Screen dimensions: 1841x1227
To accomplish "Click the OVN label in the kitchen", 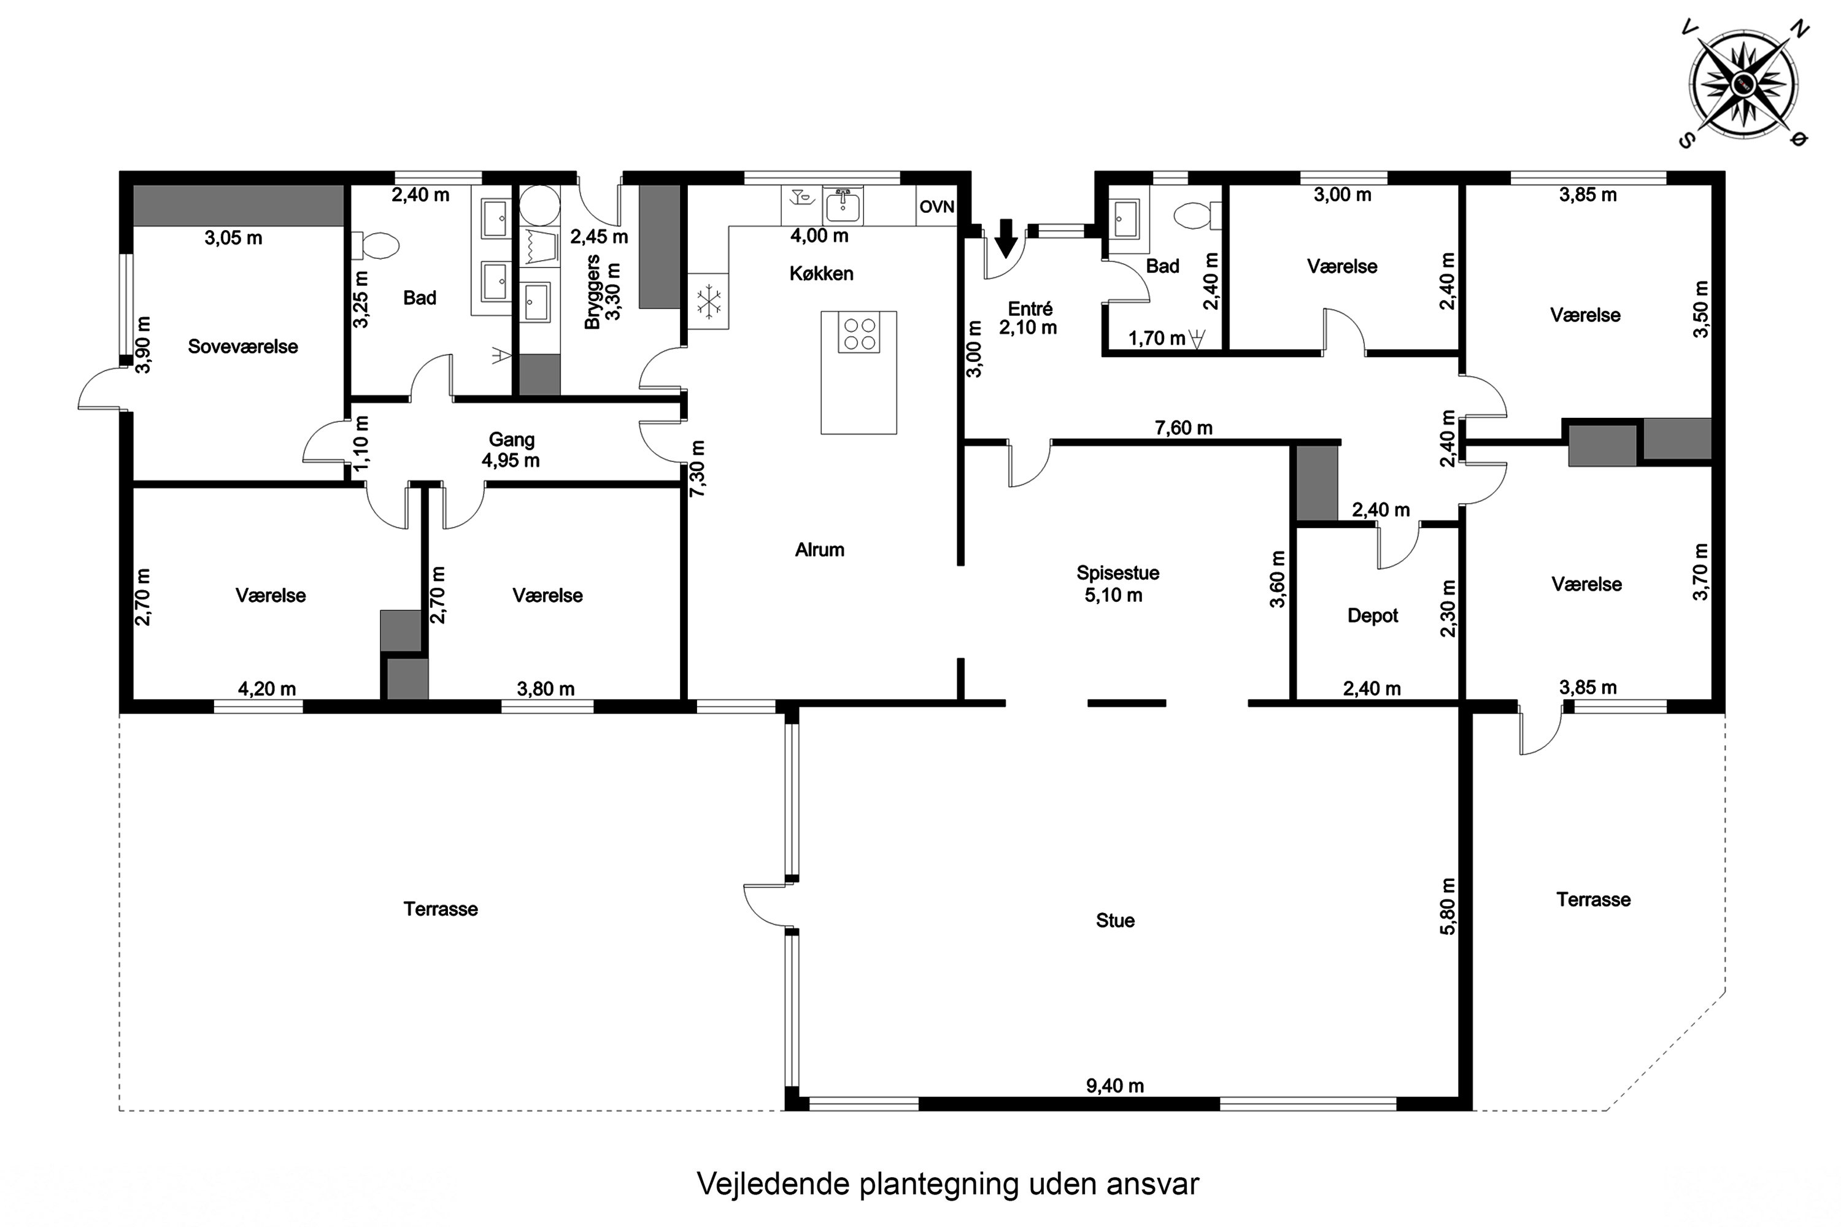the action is tap(937, 207).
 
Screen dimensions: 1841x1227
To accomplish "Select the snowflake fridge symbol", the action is tap(708, 301).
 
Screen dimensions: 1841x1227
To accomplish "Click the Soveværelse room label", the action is tap(242, 347).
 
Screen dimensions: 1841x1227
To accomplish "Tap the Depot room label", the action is tap(1373, 616).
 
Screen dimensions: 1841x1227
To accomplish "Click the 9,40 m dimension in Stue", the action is tap(1114, 1086).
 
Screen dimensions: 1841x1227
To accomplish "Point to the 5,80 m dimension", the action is tap(1448, 906).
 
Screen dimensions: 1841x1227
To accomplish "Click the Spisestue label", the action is tap(1117, 573).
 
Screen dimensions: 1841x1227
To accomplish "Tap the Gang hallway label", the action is tap(512, 440).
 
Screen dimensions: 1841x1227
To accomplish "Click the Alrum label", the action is tap(819, 550).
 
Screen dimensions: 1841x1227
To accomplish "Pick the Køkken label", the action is tap(821, 274).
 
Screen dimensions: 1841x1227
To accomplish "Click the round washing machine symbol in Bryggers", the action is tap(540, 205).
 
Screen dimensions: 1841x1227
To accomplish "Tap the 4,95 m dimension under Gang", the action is tap(511, 461).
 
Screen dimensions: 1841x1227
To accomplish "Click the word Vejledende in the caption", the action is tap(773, 1184).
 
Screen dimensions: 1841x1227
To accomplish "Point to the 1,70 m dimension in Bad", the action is tap(1157, 339).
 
